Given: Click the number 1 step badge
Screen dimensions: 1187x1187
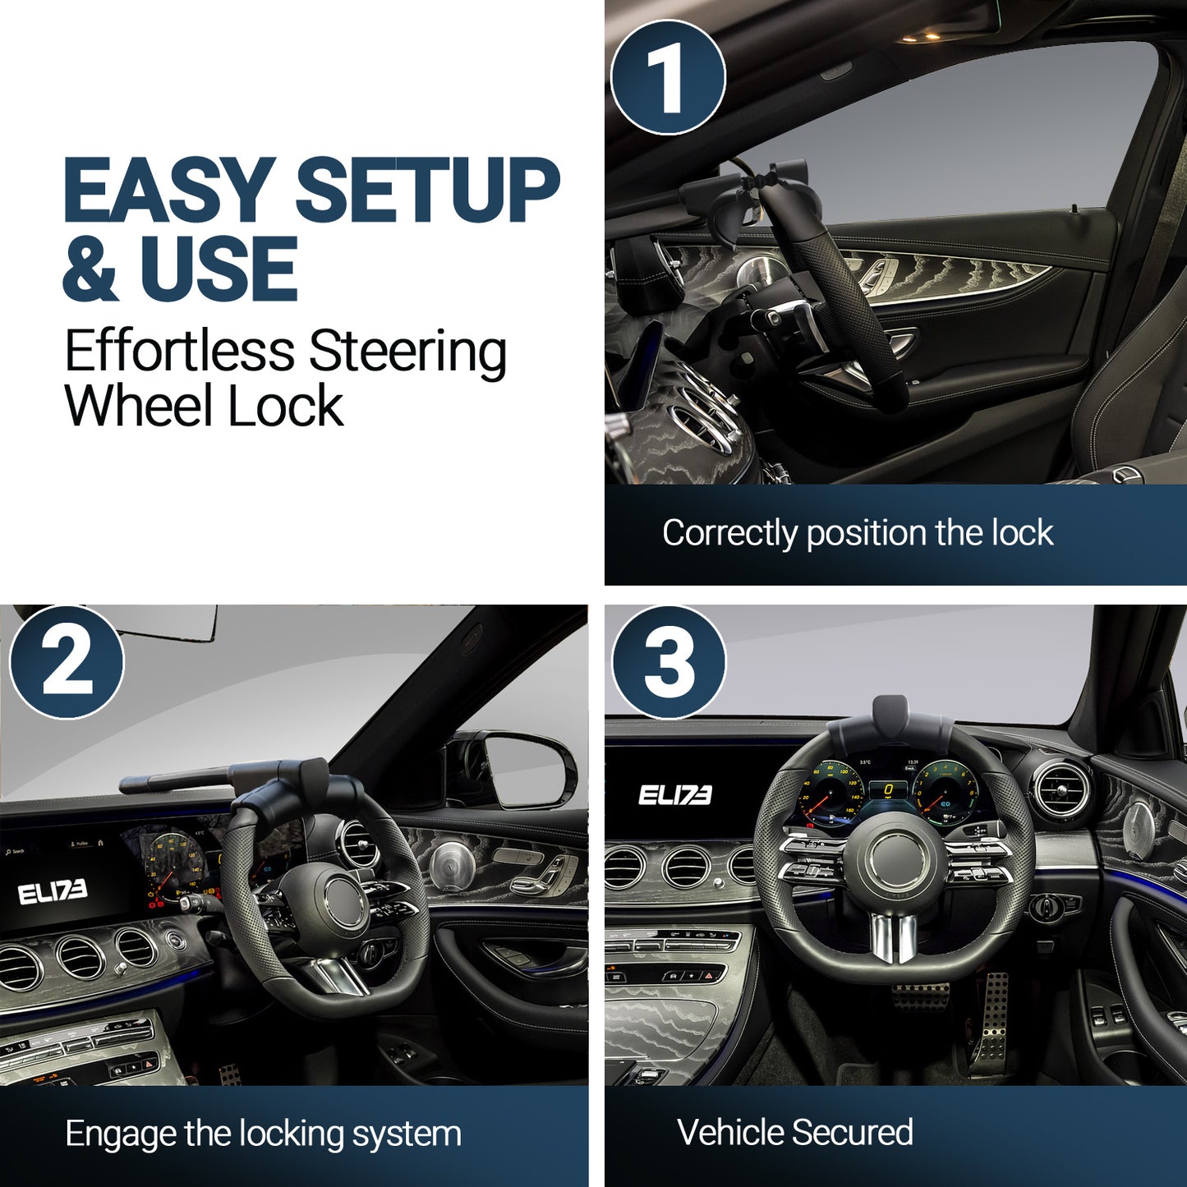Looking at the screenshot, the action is [x=668, y=76].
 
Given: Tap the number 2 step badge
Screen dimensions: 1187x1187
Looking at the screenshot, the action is [x=67, y=662].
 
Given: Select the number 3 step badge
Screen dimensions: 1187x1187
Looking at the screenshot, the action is [x=669, y=662].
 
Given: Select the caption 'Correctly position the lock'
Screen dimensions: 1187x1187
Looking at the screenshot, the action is [x=858, y=533].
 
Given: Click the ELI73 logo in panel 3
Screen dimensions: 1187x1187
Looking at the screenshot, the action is [x=674, y=795].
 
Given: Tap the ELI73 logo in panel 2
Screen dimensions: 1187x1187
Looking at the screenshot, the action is [x=53, y=893].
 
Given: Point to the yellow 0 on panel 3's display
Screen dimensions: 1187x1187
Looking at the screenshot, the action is [x=889, y=789].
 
